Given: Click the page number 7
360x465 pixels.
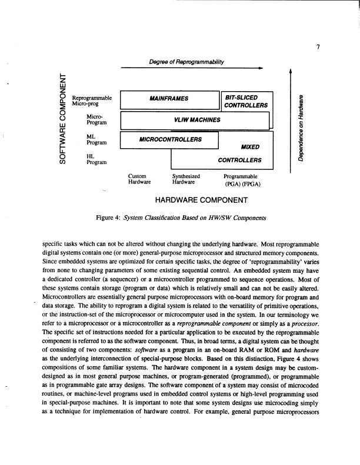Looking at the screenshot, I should point(317,48).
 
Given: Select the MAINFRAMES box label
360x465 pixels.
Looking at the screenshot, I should point(168,98).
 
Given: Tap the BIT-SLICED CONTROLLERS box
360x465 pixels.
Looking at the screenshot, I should point(246,101).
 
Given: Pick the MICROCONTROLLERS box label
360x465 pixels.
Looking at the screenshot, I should point(170,139).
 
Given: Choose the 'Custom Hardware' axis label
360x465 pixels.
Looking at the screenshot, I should point(139,179).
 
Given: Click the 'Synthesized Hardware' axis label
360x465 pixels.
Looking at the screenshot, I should point(186,179).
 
